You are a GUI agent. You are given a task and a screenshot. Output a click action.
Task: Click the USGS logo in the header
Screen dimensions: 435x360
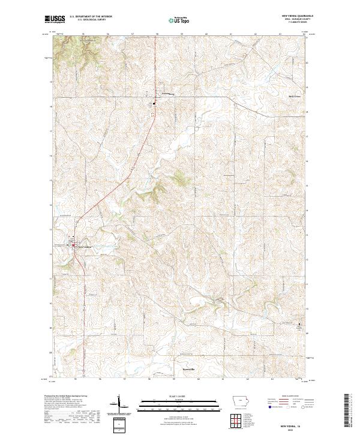[x=55, y=19]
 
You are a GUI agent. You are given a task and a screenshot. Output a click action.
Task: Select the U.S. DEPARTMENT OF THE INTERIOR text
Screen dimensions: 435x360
[x=91, y=16]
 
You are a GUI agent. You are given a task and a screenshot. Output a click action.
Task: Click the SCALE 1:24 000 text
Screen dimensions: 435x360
[x=171, y=395]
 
